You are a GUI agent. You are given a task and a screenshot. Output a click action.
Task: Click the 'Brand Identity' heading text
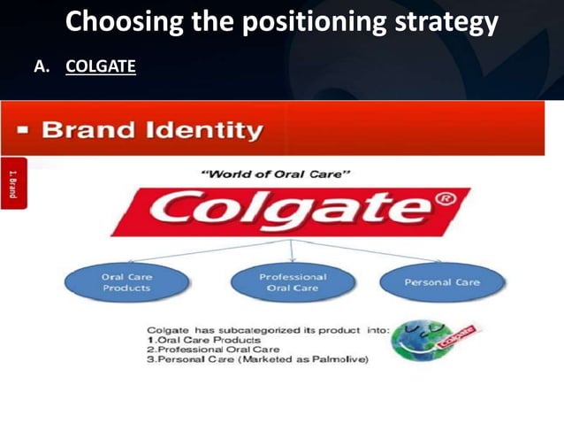[152, 132]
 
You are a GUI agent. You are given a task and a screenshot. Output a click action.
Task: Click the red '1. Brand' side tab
[13, 182]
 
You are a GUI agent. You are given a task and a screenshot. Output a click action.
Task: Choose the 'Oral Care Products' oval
[126, 282]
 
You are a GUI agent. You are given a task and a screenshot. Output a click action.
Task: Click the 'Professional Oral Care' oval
[292, 282]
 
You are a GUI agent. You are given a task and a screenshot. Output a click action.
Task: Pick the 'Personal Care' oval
[441, 282]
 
